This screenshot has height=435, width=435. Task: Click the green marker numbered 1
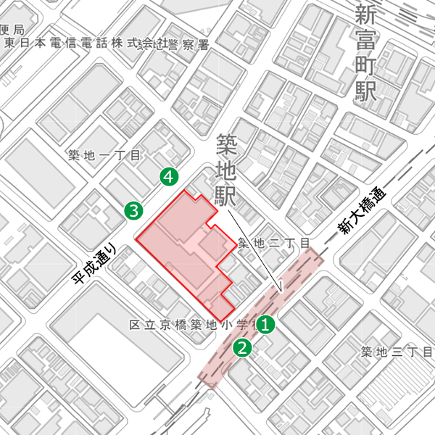[x=267, y=325]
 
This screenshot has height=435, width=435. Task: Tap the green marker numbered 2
[x=242, y=348]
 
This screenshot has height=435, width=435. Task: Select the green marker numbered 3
[x=133, y=211]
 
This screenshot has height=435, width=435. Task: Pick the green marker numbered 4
[x=168, y=176]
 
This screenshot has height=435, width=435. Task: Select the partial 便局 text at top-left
[x=13, y=30]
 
